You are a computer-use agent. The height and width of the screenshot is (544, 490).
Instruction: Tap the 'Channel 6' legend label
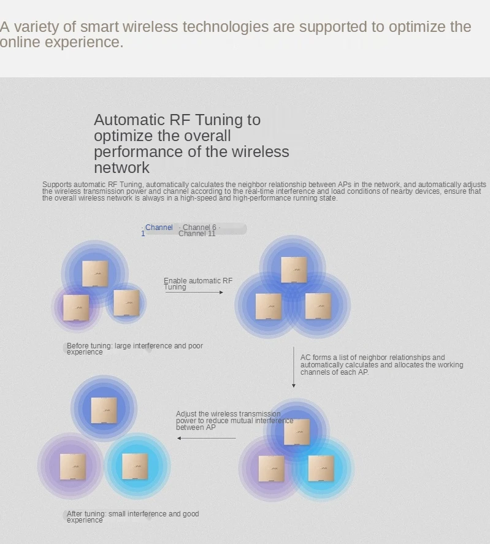199,228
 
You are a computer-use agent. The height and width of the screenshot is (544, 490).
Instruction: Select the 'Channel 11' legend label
197,234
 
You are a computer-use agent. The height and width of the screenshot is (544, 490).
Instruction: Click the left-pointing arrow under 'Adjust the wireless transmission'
207,438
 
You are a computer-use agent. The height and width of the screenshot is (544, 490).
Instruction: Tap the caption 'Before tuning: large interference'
134,348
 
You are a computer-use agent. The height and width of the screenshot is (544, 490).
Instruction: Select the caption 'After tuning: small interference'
132,516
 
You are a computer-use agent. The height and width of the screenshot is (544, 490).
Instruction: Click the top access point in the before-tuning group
95,274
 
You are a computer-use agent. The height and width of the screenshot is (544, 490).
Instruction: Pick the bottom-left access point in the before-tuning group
76,308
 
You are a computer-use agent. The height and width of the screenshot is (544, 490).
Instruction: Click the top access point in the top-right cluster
294,270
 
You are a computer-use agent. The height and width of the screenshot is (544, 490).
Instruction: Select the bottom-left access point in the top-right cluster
268,307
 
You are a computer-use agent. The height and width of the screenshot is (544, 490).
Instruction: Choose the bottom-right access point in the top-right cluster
318,307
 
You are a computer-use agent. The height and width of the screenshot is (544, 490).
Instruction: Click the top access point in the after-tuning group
104,410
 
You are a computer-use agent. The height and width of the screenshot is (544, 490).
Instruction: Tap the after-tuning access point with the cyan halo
135,467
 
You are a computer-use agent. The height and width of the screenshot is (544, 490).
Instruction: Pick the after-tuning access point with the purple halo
72,467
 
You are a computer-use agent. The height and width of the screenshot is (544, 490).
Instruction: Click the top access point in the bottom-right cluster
297,432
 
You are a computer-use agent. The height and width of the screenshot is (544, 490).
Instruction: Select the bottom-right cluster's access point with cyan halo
321,469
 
